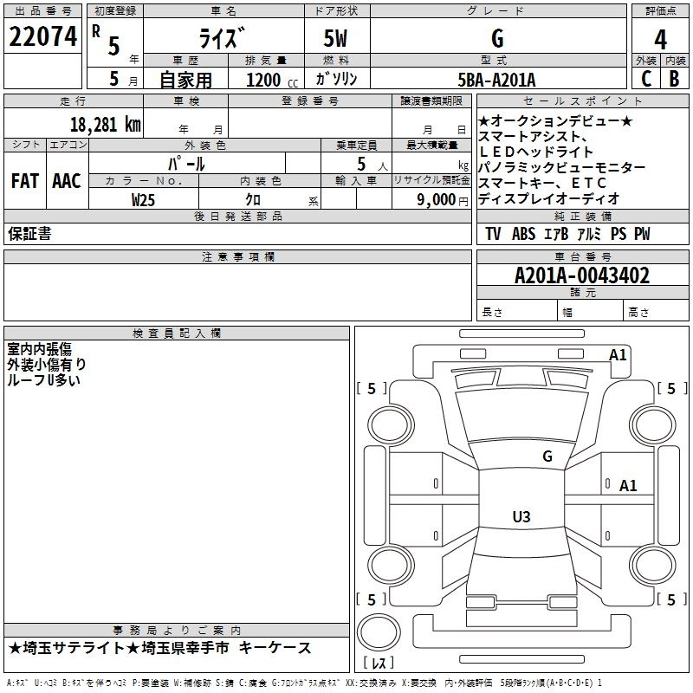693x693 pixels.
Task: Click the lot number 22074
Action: [x=42, y=36]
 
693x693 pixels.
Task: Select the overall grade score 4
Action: [x=660, y=39]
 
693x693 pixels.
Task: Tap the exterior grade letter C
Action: [x=645, y=79]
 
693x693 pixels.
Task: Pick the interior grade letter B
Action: [x=674, y=79]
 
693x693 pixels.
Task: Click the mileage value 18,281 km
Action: [x=106, y=125]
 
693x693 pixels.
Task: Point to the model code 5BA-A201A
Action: [x=496, y=80]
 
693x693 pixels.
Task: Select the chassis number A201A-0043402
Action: [x=582, y=275]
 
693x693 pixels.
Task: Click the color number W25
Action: [x=143, y=200]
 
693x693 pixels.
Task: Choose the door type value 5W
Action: [x=335, y=38]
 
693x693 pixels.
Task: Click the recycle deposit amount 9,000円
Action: [x=443, y=200]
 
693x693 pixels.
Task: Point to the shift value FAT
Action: [x=25, y=181]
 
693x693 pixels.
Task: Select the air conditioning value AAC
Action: [x=67, y=181]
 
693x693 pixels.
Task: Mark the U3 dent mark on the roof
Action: [x=521, y=516]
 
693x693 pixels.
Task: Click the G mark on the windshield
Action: [x=547, y=456]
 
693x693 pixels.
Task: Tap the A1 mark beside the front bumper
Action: [x=618, y=355]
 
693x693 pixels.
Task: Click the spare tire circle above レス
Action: [x=379, y=632]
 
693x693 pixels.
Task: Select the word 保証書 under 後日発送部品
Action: [x=29, y=234]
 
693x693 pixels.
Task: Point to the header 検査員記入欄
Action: [x=177, y=334]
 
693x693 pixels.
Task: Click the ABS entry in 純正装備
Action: [x=523, y=234]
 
